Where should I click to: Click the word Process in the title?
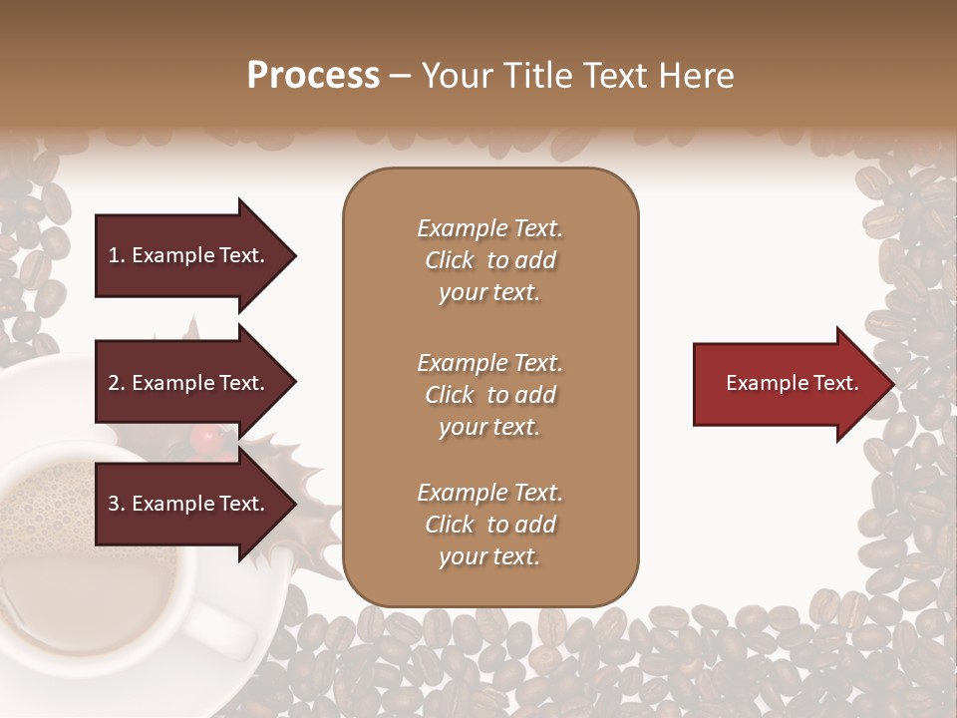[x=313, y=76]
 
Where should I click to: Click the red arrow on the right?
[x=788, y=383]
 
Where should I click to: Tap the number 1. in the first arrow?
[x=117, y=255]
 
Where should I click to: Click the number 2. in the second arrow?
[x=117, y=383]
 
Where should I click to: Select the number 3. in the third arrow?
[x=117, y=504]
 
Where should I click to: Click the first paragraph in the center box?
[x=489, y=260]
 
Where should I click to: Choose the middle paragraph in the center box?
[x=489, y=394]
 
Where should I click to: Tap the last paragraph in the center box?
[x=489, y=525]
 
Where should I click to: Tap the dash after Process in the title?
[x=401, y=76]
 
